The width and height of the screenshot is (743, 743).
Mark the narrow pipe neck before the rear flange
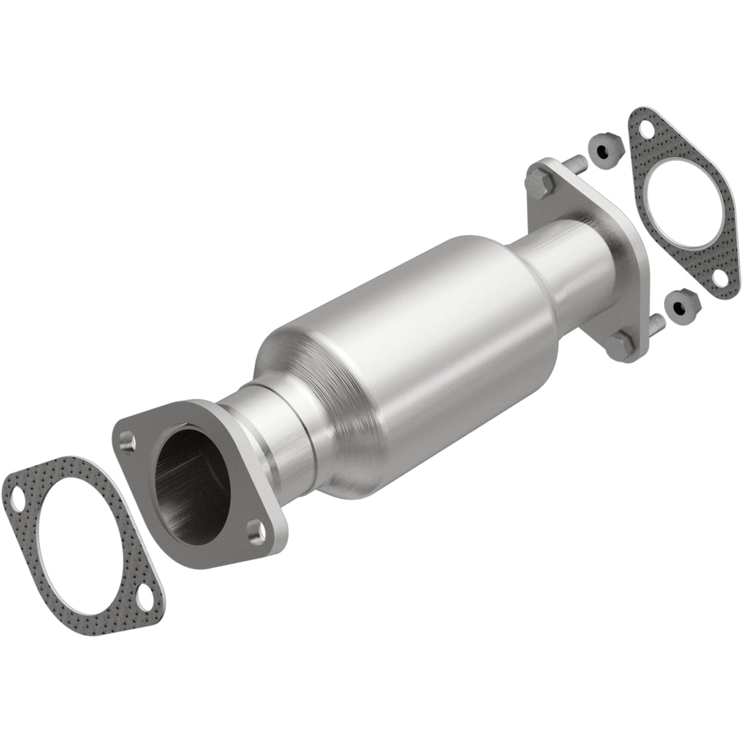click(x=563, y=257)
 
